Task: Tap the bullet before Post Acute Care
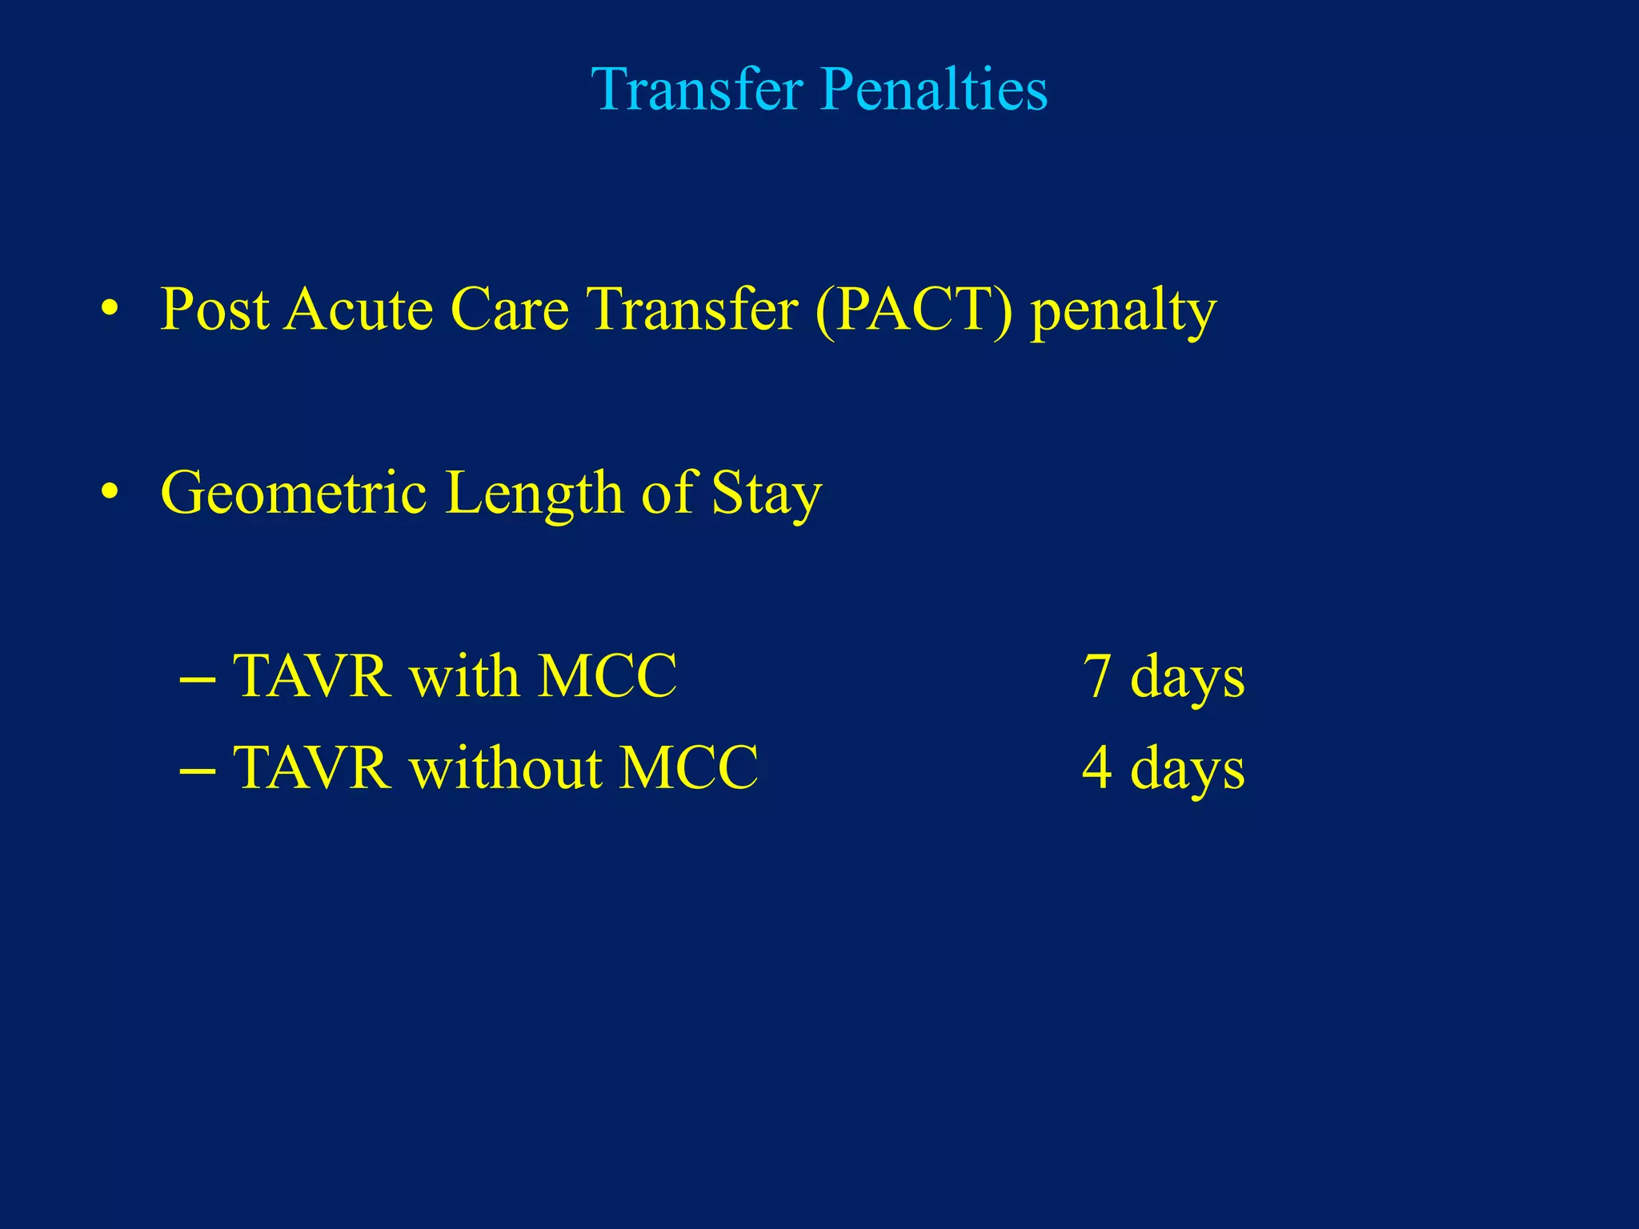pos(110,308)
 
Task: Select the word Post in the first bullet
pos(214,310)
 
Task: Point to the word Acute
pos(359,310)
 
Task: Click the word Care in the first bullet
pos(510,310)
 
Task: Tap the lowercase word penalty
pos(1123,312)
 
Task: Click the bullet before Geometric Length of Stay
pos(110,491)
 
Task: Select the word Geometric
pos(293,494)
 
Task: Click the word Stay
pos(767,494)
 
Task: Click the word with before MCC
pos(464,676)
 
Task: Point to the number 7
pos(1096,676)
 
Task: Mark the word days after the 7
pos(1187,678)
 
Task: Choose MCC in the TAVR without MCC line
pos(689,768)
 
